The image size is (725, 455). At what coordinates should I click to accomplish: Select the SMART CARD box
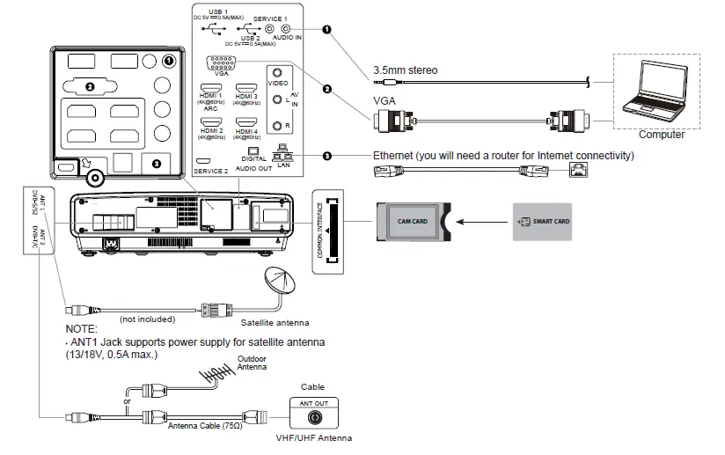542,222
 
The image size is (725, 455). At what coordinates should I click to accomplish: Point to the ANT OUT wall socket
313,412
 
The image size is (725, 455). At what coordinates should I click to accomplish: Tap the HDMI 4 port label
247,132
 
